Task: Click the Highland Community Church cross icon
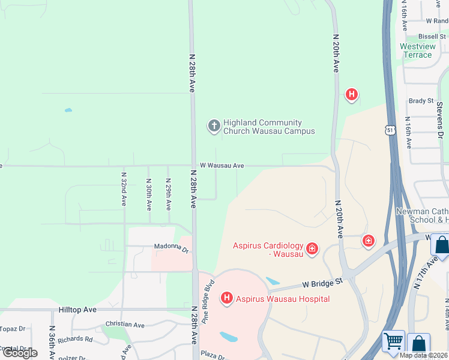pos(214,125)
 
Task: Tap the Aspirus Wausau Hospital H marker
pos(227,298)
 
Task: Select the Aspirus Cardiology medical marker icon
pos(312,248)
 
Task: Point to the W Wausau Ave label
pos(221,165)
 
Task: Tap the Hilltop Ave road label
pos(77,310)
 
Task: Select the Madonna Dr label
pos(172,246)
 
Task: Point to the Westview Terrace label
pos(417,50)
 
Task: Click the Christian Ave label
pos(124,325)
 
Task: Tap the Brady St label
pos(421,101)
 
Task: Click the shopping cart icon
pos(393,341)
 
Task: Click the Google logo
pos(20,353)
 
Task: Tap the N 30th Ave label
pos(148,193)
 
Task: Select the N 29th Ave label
pos(169,193)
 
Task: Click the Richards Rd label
pos(76,339)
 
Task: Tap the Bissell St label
pos(433,37)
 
